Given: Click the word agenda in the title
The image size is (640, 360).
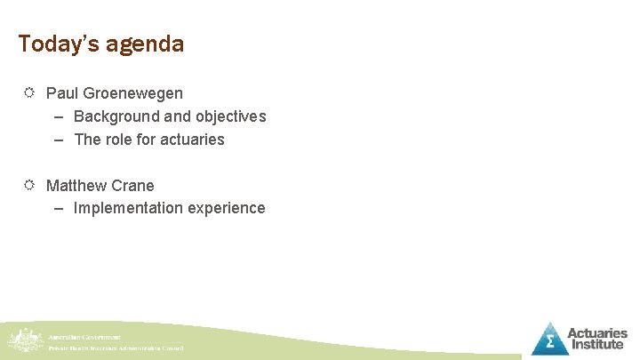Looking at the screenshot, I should click(x=145, y=44).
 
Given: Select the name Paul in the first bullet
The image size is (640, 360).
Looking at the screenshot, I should click(x=61, y=93).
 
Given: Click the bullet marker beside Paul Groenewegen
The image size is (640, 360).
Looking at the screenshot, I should click(x=28, y=92).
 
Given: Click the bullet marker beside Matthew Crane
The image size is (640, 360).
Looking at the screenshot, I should click(x=28, y=185).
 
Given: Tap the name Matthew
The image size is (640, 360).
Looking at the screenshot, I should click(x=76, y=186).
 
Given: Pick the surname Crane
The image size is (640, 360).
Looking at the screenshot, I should click(x=133, y=186).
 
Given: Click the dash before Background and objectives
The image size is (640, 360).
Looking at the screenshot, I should click(x=59, y=116).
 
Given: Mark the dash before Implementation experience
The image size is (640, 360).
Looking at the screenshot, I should click(x=59, y=209).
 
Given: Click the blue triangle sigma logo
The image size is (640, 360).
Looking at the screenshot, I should click(x=549, y=340).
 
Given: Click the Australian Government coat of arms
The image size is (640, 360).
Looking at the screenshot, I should click(x=23, y=340).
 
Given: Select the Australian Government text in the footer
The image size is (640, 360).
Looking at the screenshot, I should click(x=85, y=338).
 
